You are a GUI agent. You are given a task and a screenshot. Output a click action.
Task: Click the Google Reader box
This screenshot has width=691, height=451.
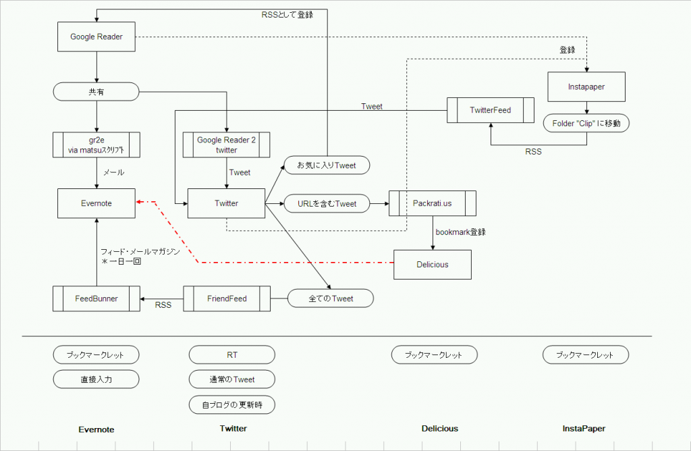click(x=96, y=37)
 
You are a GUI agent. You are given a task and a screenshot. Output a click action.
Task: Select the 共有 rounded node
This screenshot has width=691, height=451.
click(x=96, y=90)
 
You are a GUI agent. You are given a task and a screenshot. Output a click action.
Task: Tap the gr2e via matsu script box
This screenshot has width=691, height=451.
click(x=96, y=144)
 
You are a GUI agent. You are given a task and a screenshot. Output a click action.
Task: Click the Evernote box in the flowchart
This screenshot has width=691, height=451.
click(x=96, y=203)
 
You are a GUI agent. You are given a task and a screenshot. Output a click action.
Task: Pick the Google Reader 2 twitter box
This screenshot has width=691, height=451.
click(x=226, y=144)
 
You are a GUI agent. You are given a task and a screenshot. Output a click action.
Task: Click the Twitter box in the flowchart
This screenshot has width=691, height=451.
click(x=226, y=203)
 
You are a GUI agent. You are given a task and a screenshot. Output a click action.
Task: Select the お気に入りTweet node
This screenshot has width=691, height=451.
click(x=327, y=165)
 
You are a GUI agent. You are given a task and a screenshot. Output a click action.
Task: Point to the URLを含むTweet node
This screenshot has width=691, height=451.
click(x=327, y=203)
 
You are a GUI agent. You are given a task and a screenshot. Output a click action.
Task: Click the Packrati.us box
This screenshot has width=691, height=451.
click(x=433, y=203)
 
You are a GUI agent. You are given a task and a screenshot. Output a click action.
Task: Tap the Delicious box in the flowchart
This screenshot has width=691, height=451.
click(x=433, y=264)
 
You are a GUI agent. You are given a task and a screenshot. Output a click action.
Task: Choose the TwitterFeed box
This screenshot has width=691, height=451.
click(x=490, y=109)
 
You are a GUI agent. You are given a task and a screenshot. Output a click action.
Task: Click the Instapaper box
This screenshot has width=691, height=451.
click(x=586, y=87)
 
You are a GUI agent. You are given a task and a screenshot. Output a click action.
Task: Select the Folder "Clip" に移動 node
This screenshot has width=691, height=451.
click(x=586, y=124)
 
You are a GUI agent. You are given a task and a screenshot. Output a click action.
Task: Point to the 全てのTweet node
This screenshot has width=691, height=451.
click(x=330, y=298)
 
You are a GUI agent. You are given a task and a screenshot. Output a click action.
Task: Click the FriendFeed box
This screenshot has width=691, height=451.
click(x=227, y=298)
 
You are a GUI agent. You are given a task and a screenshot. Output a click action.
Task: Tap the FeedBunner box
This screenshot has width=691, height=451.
click(x=96, y=298)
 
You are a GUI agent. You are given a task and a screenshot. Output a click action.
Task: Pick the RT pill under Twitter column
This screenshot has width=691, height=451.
click(x=231, y=354)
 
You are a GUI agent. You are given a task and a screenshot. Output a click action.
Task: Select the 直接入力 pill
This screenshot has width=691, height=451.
click(x=96, y=379)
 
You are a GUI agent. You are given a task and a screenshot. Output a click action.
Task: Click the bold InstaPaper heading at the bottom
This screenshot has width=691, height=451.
click(x=584, y=429)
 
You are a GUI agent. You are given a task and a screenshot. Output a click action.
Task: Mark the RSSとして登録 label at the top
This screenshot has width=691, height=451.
click(x=287, y=14)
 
